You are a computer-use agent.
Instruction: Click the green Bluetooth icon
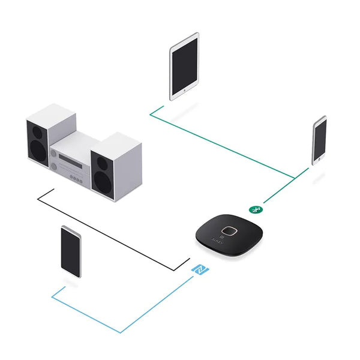254,209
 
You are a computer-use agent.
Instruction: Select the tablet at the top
184,65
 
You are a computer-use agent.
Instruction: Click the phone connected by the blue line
71,251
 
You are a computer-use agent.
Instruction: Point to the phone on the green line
319,140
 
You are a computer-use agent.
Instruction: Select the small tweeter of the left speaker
34,127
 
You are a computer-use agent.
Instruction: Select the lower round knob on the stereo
55,166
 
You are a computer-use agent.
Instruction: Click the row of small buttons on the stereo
77,178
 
